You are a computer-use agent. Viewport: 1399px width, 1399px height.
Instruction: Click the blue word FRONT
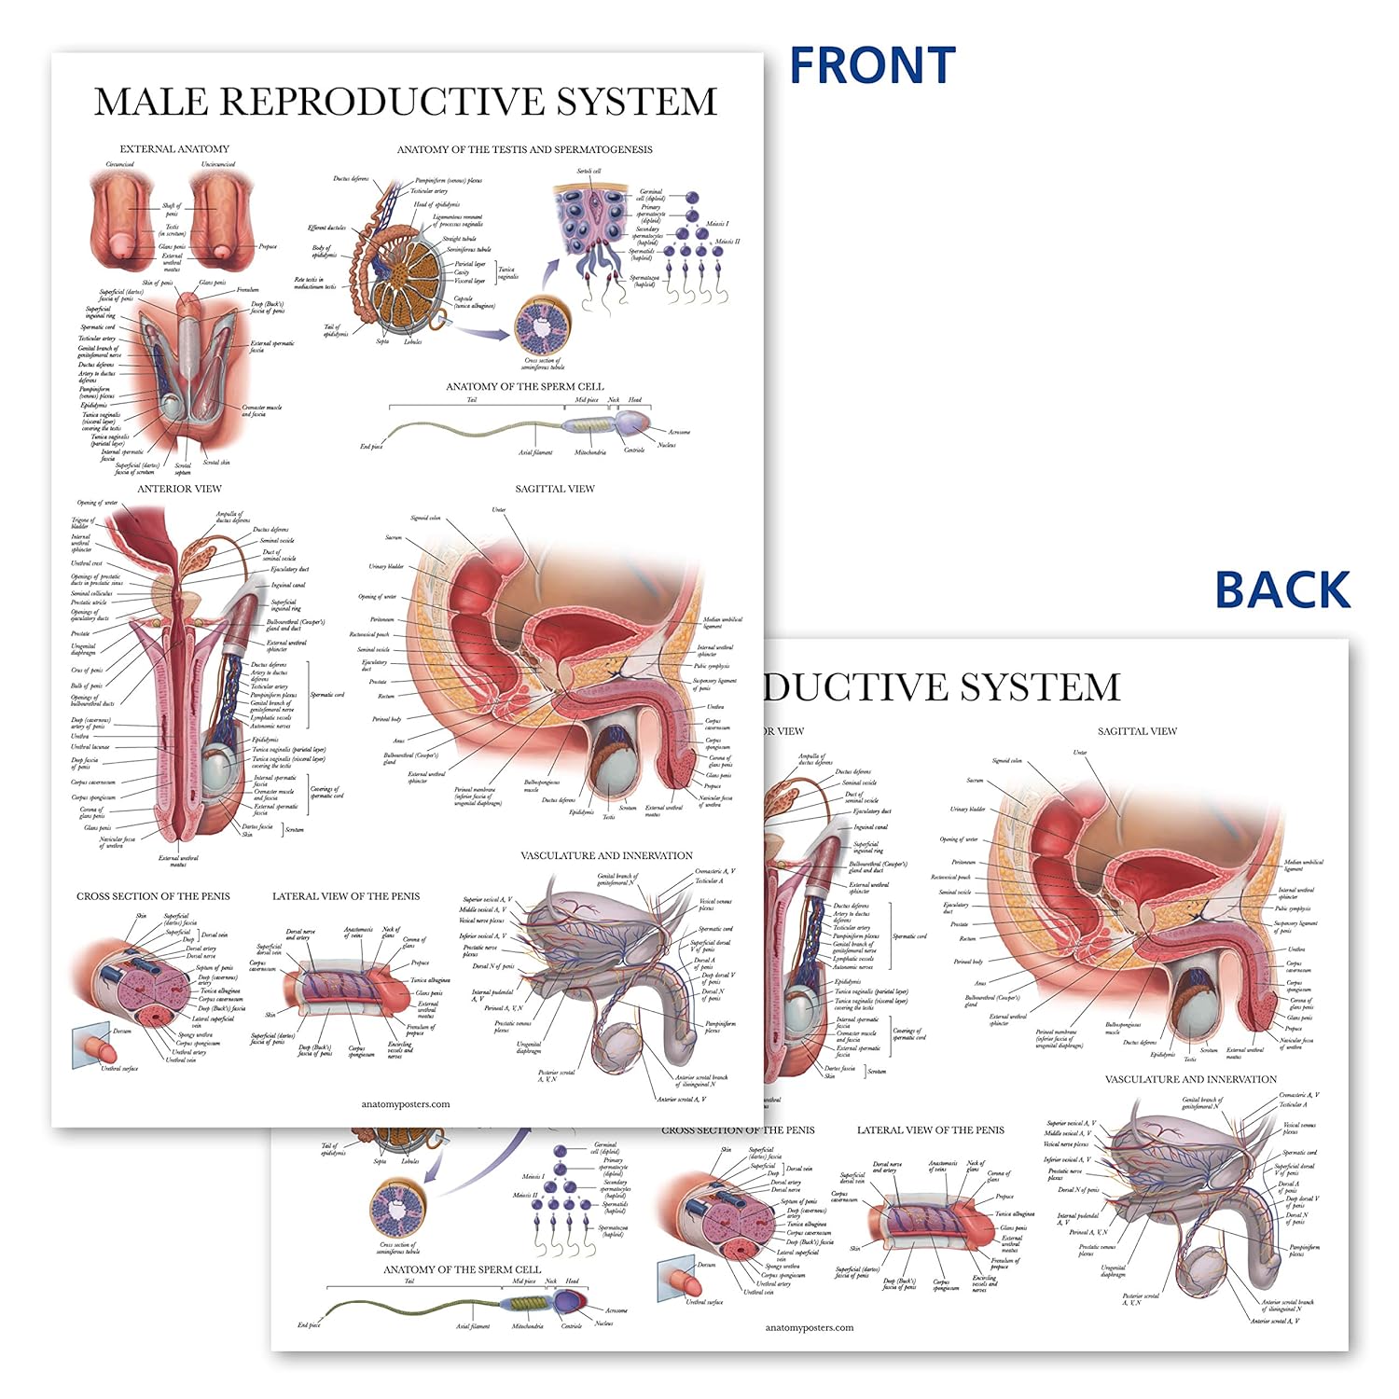(872, 66)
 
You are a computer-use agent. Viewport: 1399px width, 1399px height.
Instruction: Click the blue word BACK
(1282, 590)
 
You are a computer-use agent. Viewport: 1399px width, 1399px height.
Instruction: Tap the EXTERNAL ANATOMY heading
(174, 149)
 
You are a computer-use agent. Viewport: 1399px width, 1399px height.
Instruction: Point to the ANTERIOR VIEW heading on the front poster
(180, 489)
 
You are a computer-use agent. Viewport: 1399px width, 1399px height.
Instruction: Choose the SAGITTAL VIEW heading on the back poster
(1137, 731)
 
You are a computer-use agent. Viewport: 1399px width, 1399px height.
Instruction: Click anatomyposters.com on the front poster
(406, 1104)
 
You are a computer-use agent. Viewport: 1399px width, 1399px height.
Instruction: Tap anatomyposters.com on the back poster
(810, 1327)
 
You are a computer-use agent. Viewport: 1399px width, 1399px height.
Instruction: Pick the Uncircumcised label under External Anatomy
(218, 165)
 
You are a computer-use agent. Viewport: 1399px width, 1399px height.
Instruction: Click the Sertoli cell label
(589, 172)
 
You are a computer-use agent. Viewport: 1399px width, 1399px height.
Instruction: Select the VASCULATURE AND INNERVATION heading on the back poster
(1191, 1079)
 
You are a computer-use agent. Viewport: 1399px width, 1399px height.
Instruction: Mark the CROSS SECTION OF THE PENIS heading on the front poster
(153, 896)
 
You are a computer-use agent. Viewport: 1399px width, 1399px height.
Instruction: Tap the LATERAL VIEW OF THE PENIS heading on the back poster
(931, 1130)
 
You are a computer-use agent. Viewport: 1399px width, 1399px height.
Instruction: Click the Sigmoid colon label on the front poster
(425, 518)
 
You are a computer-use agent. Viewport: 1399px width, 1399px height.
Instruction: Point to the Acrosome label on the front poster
(679, 432)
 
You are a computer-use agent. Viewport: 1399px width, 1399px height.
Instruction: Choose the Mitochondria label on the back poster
(527, 1325)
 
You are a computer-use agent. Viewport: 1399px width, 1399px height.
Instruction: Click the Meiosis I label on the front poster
(717, 224)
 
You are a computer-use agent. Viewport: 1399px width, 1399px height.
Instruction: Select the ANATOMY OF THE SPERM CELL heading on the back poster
(463, 1269)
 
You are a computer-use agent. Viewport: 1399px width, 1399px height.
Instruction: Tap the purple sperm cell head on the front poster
(631, 424)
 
